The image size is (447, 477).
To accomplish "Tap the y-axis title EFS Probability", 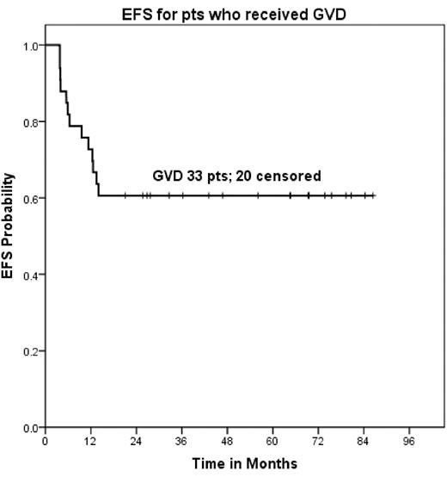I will pos(9,236).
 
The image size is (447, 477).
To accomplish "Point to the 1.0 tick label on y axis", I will pos(29,45).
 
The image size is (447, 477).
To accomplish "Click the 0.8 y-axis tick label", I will pos(29,121).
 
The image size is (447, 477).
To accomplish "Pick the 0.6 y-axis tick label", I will pos(29,198).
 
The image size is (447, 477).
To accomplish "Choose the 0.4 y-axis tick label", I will pos(29,275).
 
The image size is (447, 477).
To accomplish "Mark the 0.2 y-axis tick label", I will pos(29,351).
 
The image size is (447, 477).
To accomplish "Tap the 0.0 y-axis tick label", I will pos(29,428).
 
